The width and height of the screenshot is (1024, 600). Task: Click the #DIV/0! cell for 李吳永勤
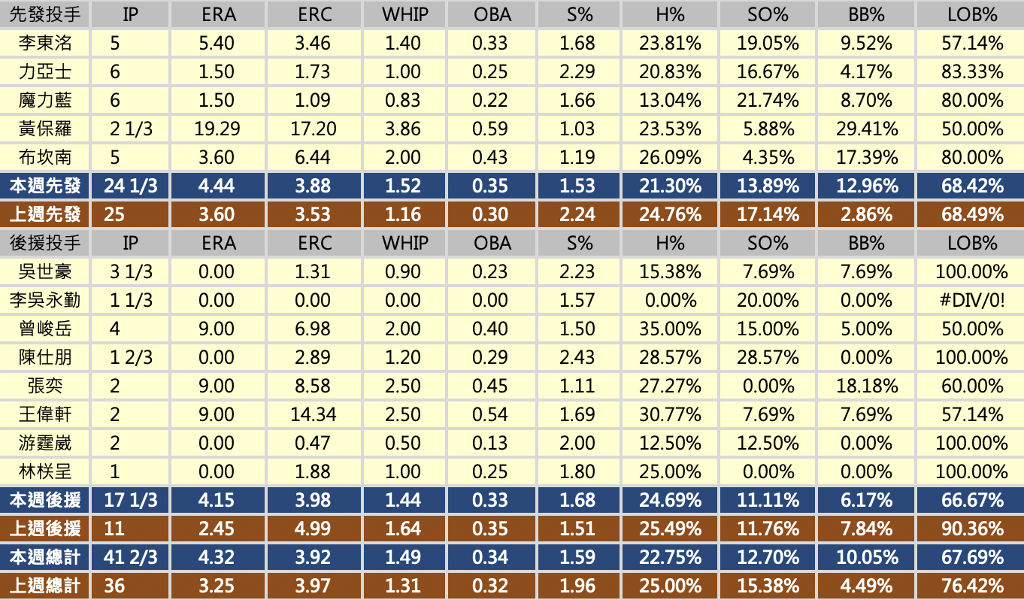pyautogui.click(x=972, y=301)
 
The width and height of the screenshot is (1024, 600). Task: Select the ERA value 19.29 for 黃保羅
pyautogui.click(x=217, y=129)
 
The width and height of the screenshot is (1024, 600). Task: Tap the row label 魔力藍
pyautogui.click(x=45, y=101)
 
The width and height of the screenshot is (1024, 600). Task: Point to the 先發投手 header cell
pyautogui.click(x=45, y=14)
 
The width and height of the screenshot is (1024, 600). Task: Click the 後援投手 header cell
pyautogui.click(x=45, y=244)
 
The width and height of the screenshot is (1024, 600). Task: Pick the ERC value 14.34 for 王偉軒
pyautogui.click(x=314, y=415)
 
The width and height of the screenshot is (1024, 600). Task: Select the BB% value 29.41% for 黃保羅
pyautogui.click(x=867, y=129)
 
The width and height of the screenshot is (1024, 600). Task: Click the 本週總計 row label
pyautogui.click(x=45, y=558)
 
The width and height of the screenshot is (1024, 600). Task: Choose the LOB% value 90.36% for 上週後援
pyautogui.click(x=972, y=529)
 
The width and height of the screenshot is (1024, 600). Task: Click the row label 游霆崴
pyautogui.click(x=45, y=444)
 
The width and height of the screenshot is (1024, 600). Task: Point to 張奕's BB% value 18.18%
pyautogui.click(x=867, y=386)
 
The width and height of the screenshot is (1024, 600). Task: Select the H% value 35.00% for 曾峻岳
pyautogui.click(x=670, y=329)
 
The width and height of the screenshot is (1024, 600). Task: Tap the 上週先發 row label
pyautogui.click(x=45, y=215)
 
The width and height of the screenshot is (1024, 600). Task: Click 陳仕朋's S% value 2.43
pyautogui.click(x=577, y=358)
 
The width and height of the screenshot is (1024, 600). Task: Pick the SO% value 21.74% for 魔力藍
pyautogui.click(x=768, y=101)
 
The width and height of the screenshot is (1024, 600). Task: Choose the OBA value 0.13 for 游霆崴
pyautogui.click(x=490, y=444)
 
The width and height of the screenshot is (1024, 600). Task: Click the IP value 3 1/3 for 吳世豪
pyautogui.click(x=132, y=272)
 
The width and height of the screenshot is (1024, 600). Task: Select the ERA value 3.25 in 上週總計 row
pyautogui.click(x=217, y=586)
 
